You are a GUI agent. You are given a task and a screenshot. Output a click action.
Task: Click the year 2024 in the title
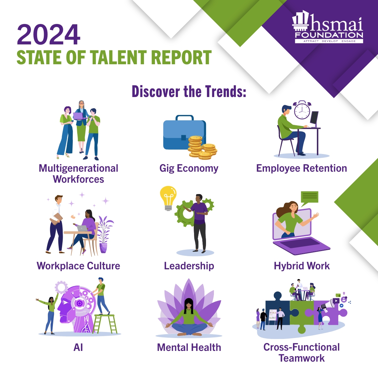[x=49, y=35]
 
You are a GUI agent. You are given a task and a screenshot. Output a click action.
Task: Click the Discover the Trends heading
[x=189, y=92]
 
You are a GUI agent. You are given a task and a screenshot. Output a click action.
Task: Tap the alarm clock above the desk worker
[x=302, y=110]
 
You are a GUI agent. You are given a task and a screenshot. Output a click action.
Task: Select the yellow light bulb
[x=168, y=197]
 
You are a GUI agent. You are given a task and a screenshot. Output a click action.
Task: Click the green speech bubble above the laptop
[x=309, y=197]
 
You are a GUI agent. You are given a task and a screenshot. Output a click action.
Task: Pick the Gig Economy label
[x=189, y=168]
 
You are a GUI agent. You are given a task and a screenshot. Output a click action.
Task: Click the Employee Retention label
[x=301, y=168]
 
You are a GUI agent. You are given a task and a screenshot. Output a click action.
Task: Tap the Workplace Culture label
[x=78, y=266]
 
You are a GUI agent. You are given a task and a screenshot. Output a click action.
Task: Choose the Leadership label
[x=189, y=266]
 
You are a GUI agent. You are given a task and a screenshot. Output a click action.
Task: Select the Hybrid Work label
[x=302, y=266]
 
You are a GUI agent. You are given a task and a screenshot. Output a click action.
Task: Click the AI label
[x=78, y=347]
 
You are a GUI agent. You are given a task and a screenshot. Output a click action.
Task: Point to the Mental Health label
[x=189, y=347]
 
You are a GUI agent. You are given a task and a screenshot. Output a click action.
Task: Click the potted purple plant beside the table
[x=104, y=233]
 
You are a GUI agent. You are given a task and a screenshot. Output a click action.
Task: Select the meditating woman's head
[x=189, y=304]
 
